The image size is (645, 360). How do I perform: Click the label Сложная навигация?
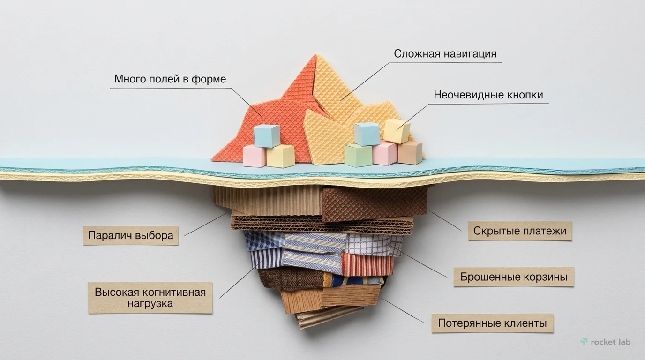click(x=445, y=54)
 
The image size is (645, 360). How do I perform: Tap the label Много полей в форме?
click(x=170, y=79)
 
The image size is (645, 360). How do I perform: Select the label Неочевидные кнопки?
click(x=488, y=95)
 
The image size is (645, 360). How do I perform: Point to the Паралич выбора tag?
click(x=131, y=236)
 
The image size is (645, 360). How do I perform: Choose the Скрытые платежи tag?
click(x=520, y=231)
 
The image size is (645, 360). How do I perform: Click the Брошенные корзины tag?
click(x=514, y=277)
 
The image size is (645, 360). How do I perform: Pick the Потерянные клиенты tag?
click(x=492, y=323)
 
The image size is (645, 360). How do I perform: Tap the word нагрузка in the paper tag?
click(x=150, y=304)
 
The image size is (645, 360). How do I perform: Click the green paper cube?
click(x=359, y=156)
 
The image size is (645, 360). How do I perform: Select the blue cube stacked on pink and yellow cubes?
click(x=267, y=135)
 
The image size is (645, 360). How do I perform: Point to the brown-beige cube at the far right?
click(x=410, y=152)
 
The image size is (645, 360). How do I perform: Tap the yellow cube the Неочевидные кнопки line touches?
click(x=397, y=131)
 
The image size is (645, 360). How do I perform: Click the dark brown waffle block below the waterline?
click(x=374, y=204)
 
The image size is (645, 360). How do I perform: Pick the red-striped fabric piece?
click(x=367, y=264)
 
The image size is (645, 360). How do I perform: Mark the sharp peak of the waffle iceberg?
click(x=315, y=54)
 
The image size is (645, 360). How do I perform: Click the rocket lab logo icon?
click(x=584, y=342)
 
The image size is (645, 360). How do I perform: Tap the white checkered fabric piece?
click(x=373, y=245)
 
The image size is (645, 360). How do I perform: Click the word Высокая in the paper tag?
click(x=117, y=292)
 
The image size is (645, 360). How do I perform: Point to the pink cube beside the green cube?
click(x=385, y=153)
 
